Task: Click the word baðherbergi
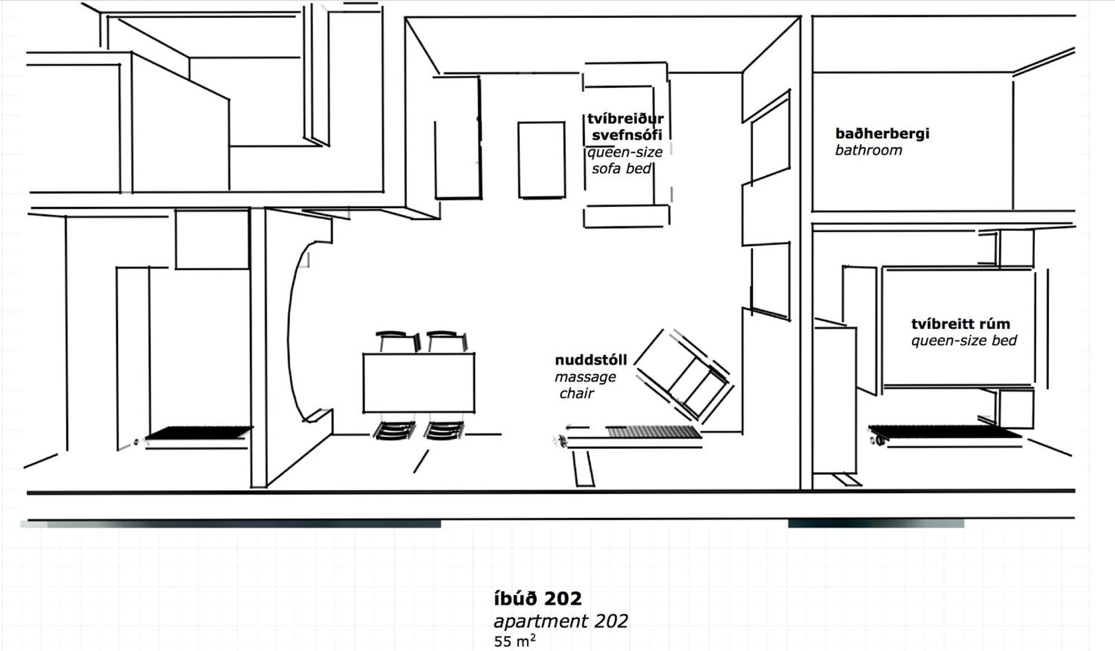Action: (x=882, y=134)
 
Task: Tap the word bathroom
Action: (x=868, y=150)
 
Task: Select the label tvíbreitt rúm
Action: (x=961, y=324)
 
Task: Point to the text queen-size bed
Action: (x=964, y=340)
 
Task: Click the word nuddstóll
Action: (x=591, y=360)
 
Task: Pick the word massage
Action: (x=585, y=377)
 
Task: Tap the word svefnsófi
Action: (x=627, y=135)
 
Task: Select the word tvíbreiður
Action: (x=626, y=118)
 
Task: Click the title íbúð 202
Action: (x=537, y=599)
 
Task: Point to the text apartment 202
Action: (x=561, y=621)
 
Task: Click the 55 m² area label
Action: (x=515, y=641)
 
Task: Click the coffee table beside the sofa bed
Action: (x=541, y=160)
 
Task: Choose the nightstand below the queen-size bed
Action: (x=1016, y=409)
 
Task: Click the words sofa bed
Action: (x=622, y=168)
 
